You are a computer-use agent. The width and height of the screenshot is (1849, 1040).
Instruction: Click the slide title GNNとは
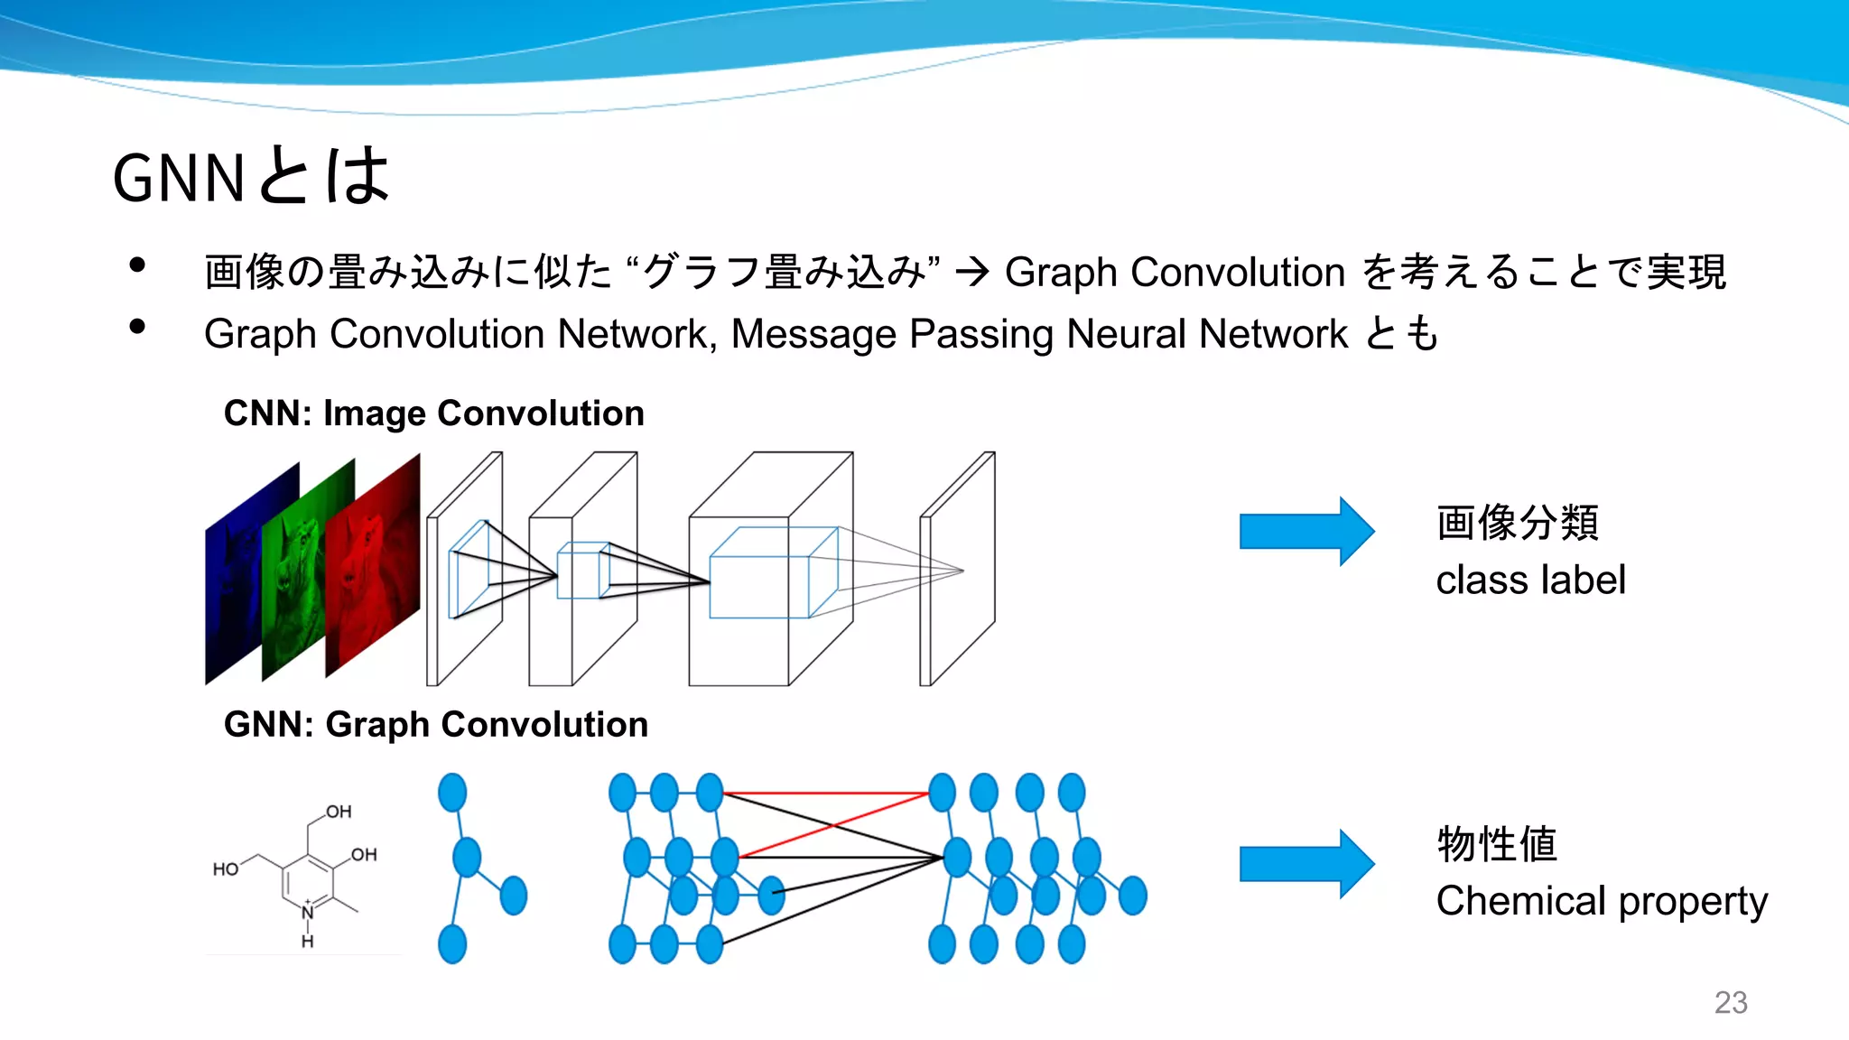click(251, 176)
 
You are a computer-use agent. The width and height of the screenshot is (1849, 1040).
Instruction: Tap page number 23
click(1730, 1002)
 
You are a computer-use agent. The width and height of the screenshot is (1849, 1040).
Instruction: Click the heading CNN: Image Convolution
click(433, 413)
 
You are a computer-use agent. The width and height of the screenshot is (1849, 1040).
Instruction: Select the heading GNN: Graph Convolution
click(435, 725)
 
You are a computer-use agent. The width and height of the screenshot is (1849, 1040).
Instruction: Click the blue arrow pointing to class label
click(1305, 531)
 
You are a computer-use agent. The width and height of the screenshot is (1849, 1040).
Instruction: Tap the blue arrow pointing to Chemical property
click(1305, 864)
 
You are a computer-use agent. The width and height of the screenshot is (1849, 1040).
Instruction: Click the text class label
click(1530, 580)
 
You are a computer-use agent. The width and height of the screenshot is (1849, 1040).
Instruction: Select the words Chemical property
click(1601, 901)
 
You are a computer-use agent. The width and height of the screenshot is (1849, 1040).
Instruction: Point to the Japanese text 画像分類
click(1517, 523)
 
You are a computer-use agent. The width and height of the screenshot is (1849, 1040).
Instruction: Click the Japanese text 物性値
click(1496, 844)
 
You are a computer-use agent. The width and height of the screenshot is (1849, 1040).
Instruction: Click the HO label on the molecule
click(225, 869)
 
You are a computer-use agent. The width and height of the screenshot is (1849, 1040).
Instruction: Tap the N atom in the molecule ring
click(308, 913)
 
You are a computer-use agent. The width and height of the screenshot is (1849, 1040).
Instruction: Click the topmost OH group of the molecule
click(339, 812)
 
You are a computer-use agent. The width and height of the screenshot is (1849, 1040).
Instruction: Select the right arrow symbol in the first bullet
click(972, 272)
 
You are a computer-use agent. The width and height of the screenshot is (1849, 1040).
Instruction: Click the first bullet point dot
click(137, 265)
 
